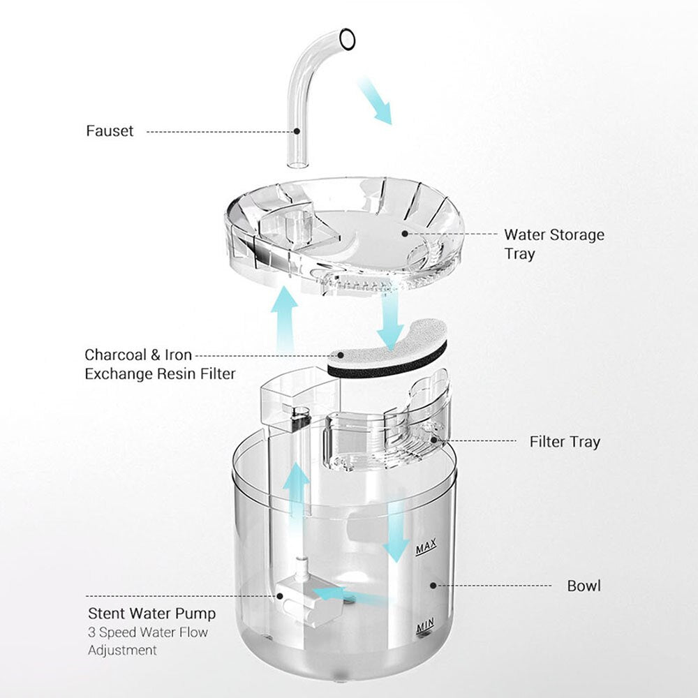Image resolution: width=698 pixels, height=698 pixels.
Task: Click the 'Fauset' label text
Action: [110, 131]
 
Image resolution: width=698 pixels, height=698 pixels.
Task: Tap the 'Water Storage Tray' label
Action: [554, 244]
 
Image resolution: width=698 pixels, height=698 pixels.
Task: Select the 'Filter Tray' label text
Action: [565, 442]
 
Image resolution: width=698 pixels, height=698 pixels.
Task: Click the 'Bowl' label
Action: [584, 586]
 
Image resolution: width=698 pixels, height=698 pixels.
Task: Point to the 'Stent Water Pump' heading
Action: [151, 614]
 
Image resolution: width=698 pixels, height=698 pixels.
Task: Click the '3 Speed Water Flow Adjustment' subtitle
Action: [148, 641]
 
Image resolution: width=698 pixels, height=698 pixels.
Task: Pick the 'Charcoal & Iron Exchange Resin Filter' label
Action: [160, 364]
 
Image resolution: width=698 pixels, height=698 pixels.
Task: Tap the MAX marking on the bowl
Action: [426, 547]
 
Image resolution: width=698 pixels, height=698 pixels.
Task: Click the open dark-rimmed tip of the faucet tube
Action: [347, 39]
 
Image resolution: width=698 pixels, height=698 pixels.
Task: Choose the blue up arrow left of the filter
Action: [285, 318]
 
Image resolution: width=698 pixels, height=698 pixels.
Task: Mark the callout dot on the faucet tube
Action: [296, 131]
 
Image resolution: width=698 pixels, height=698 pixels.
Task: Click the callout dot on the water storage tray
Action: [405, 233]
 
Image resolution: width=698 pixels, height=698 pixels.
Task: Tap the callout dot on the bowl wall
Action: [433, 586]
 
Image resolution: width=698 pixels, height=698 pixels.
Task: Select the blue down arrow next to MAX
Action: [396, 532]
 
